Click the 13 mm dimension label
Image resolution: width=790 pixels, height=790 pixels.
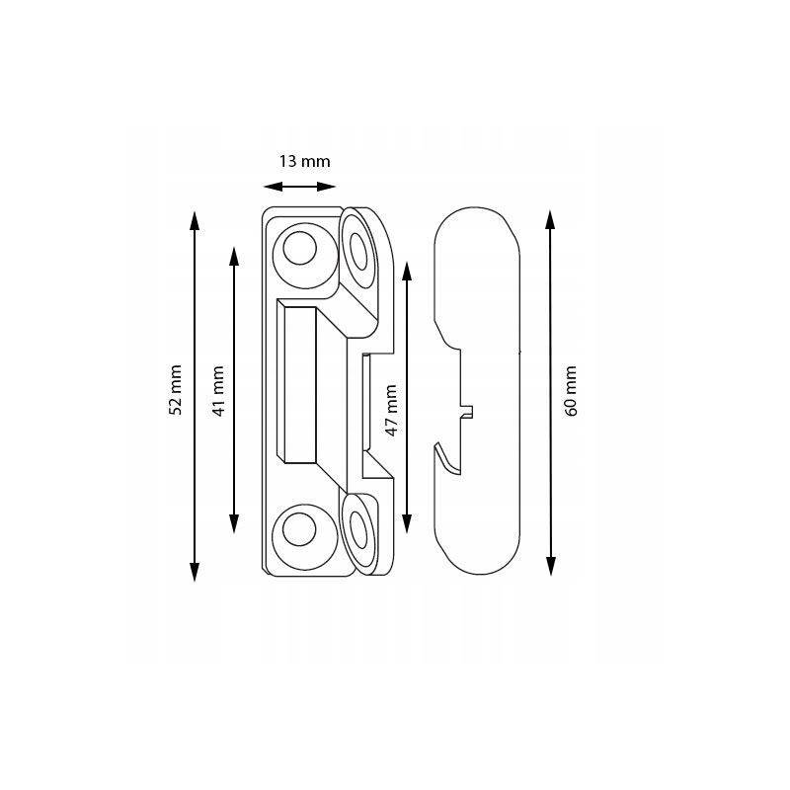pyautogui.click(x=305, y=161)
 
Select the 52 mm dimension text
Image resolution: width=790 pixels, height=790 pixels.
pyautogui.click(x=175, y=389)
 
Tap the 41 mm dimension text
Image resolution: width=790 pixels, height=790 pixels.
pyautogui.click(x=217, y=390)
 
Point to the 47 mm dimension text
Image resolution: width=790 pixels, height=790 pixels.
pyautogui.click(x=391, y=410)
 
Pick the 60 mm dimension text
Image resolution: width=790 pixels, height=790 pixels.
pyautogui.click(x=571, y=390)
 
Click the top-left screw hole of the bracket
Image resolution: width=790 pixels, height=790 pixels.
pyautogui.click(x=300, y=248)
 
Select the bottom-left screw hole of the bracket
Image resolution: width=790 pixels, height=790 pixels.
pyautogui.click(x=299, y=529)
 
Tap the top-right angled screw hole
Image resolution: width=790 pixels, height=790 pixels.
pyautogui.click(x=358, y=252)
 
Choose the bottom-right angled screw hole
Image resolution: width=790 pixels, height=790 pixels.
pyautogui.click(x=358, y=529)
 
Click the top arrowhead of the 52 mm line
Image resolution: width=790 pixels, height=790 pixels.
pyautogui.click(x=195, y=220)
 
